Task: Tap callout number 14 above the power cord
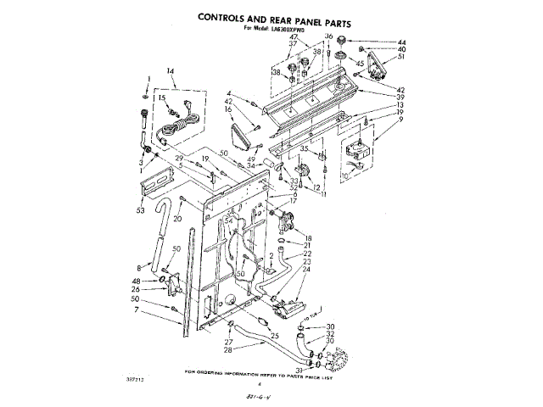[x=170, y=70]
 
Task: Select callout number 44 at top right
[x=401, y=41]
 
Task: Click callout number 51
[x=401, y=58]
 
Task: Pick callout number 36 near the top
[x=328, y=36]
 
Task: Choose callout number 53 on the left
[x=140, y=209]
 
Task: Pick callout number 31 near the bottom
[x=299, y=370]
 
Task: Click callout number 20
[x=179, y=219]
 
